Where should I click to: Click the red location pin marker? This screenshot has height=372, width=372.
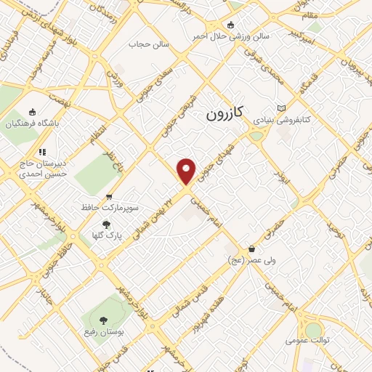(x=187, y=171)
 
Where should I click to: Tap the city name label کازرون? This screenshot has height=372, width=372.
(x=227, y=114)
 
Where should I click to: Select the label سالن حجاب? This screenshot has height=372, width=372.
(x=149, y=44)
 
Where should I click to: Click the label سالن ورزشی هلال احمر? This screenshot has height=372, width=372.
(x=231, y=35)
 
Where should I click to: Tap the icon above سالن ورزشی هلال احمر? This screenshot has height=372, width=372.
(x=232, y=24)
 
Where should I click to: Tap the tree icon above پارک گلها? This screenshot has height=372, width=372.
(x=106, y=225)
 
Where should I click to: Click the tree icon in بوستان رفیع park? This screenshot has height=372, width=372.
(x=102, y=320)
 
